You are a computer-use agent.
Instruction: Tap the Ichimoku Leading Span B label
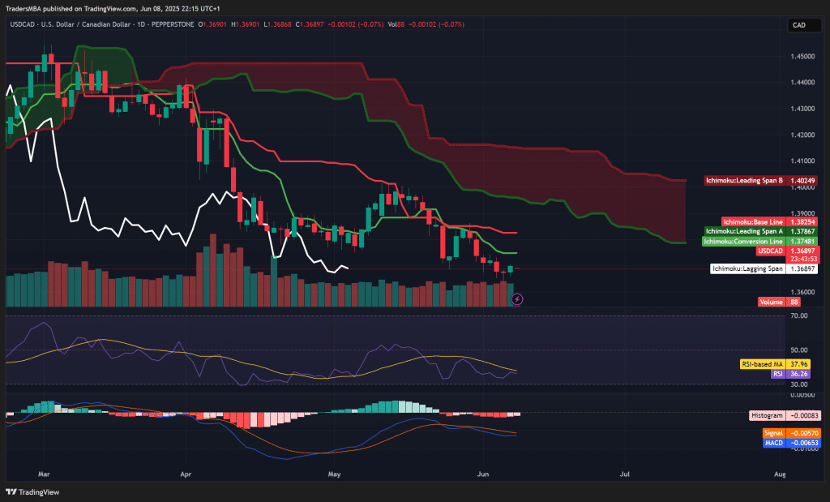click(744, 180)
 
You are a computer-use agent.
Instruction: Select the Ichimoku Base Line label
click(753, 221)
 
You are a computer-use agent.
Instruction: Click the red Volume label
click(772, 302)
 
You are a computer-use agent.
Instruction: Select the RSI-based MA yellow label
click(762, 364)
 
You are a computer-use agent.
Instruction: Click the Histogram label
click(767, 414)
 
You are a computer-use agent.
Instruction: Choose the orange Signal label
click(773, 433)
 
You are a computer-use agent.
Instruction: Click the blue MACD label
click(773, 443)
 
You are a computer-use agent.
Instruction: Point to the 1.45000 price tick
click(802, 56)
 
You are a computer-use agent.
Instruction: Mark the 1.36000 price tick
click(802, 291)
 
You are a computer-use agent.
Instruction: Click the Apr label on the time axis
click(186, 472)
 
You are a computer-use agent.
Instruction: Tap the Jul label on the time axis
click(624, 472)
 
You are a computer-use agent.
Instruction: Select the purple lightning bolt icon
click(517, 299)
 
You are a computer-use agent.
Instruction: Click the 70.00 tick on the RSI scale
click(798, 316)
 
